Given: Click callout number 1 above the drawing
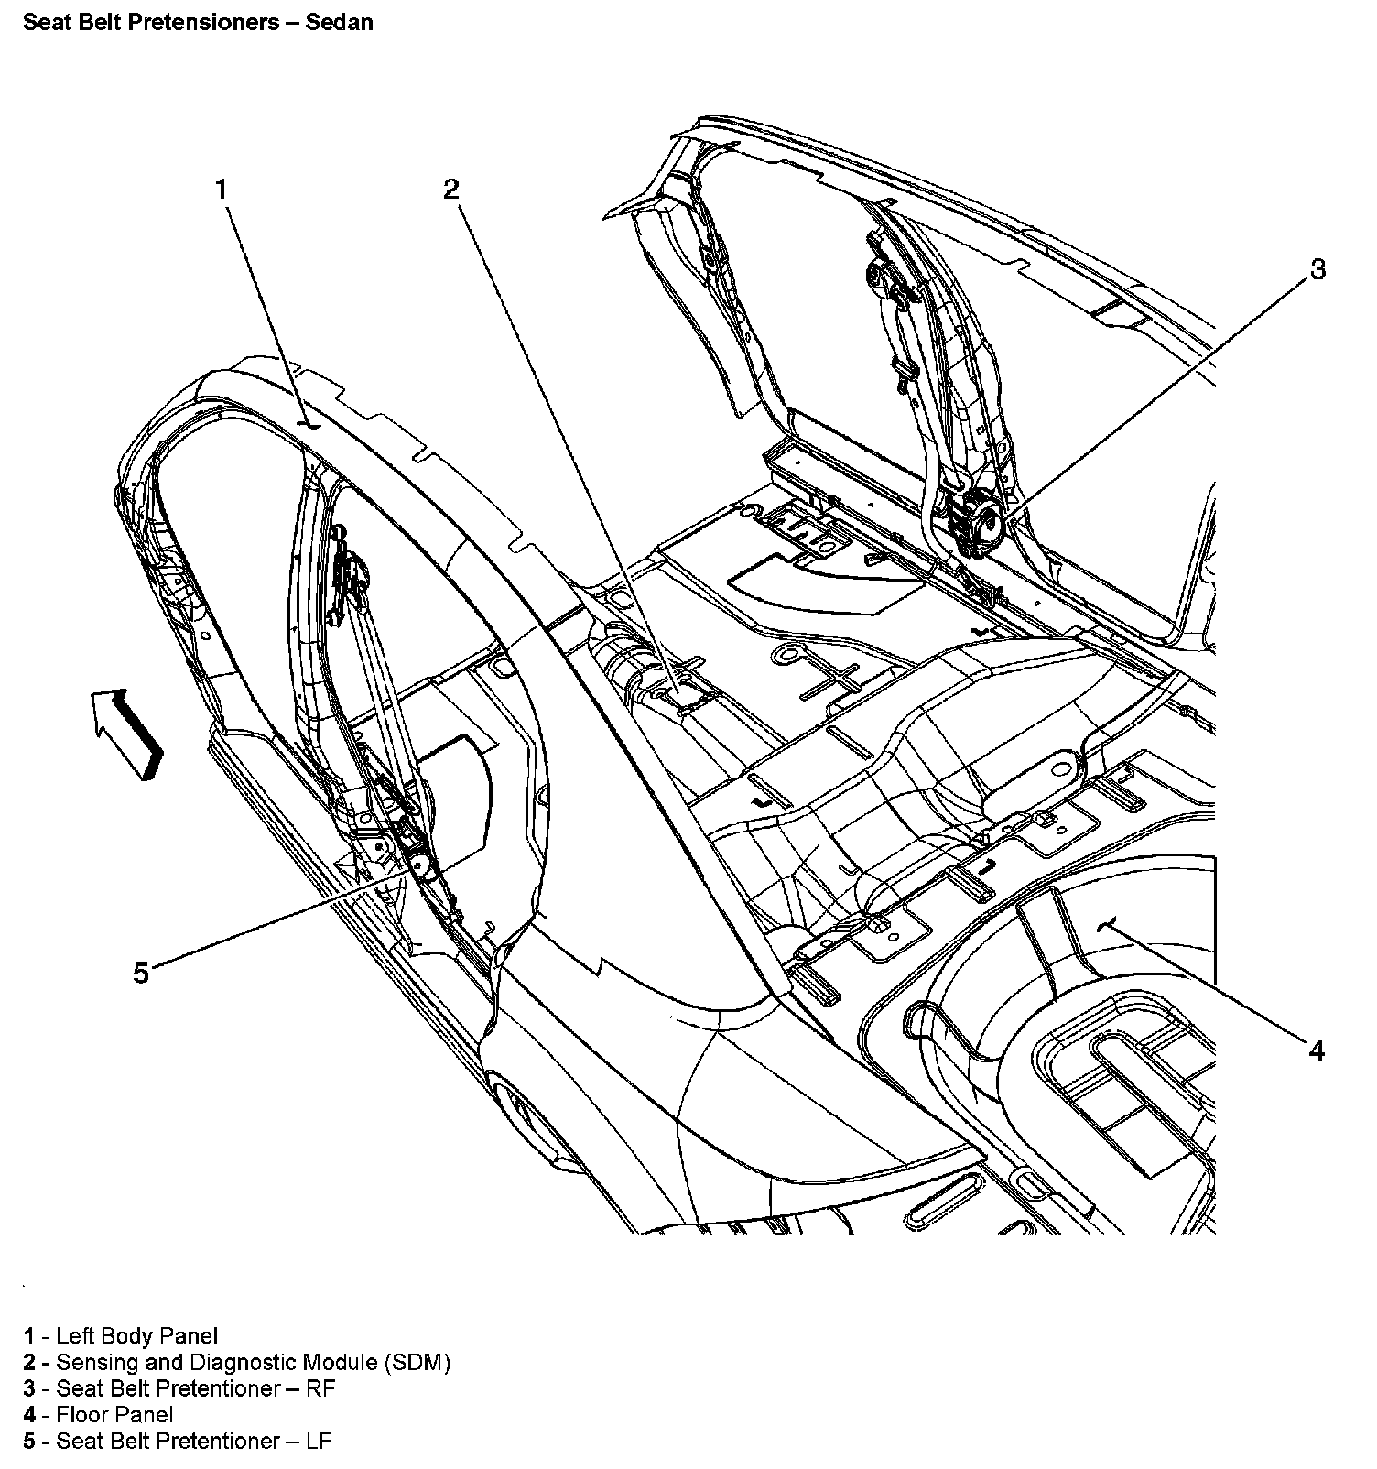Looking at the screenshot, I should (x=221, y=190).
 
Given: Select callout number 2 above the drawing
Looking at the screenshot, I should (x=450, y=190).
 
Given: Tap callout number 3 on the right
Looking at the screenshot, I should (x=1317, y=270).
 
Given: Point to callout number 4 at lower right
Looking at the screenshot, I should (x=1317, y=1050).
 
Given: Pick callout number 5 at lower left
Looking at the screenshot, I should (x=140, y=973).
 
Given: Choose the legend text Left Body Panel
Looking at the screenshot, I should (x=137, y=1336).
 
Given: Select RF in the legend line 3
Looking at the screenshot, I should (x=321, y=1388).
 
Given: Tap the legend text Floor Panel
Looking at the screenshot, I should (x=114, y=1415).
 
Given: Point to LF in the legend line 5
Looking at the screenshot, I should (x=318, y=1441).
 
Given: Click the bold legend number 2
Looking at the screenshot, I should (x=29, y=1362).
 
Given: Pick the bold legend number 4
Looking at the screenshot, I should (x=29, y=1415).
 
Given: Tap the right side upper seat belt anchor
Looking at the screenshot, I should (x=883, y=275).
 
